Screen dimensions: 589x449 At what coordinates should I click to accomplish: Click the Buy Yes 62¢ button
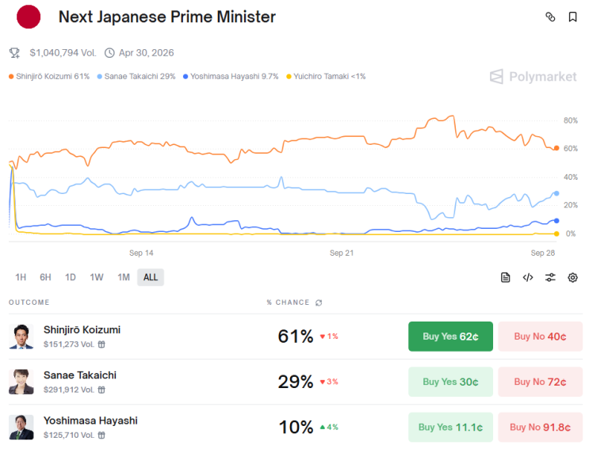[x=450, y=337]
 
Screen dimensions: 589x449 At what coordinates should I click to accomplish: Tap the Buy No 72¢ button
[x=540, y=382]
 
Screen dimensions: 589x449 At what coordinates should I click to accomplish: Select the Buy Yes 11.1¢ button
[x=450, y=428]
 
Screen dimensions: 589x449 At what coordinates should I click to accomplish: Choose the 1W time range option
[x=97, y=277]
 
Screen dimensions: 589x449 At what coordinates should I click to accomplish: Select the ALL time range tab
[x=151, y=277]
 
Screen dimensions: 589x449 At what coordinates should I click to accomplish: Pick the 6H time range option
[x=45, y=277]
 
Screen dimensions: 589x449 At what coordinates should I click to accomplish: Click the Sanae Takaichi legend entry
[x=136, y=77]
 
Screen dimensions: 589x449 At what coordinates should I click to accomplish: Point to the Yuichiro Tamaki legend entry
[x=326, y=77]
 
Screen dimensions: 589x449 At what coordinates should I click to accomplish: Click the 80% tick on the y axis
[x=570, y=120]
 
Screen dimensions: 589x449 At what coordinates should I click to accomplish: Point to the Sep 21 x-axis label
[x=342, y=253]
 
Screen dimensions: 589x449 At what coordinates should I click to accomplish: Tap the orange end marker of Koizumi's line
[x=556, y=148]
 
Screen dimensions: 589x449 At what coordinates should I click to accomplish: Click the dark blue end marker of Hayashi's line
[x=556, y=221]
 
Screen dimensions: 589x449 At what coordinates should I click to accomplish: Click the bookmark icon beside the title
[x=572, y=17]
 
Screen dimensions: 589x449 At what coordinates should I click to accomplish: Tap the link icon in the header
[x=550, y=17]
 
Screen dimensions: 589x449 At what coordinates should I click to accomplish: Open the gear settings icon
[x=572, y=278]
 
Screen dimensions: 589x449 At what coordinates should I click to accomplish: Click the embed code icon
[x=528, y=278]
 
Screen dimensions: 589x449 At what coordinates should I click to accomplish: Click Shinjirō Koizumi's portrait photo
[x=21, y=337]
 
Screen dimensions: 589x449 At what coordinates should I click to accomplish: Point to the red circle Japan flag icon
[x=29, y=17]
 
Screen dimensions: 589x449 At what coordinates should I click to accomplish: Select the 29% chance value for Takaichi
[x=295, y=382]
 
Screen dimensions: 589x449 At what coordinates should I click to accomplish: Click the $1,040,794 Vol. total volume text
[x=63, y=53]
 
